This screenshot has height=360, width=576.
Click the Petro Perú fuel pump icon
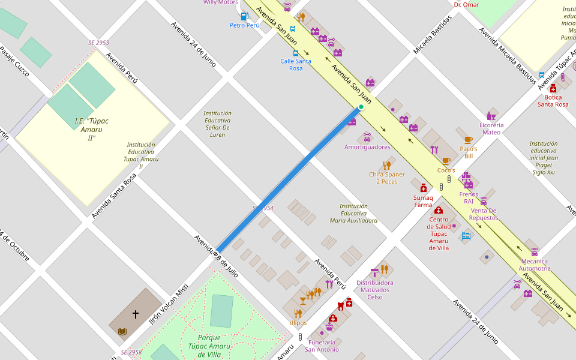[x=244, y=17]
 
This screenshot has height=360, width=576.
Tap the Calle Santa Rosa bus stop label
[x=296, y=65]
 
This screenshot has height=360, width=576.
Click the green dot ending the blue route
[x=361, y=107]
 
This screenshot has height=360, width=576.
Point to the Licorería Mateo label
[x=491, y=128]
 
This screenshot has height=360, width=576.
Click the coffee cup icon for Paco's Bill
[x=468, y=140]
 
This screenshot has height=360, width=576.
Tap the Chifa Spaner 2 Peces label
[x=386, y=178]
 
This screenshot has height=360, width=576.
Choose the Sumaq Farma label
[x=423, y=201]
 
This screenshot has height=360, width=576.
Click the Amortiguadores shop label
[x=367, y=147]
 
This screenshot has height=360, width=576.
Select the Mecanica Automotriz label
[x=534, y=265]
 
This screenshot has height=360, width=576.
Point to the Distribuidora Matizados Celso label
[x=375, y=290]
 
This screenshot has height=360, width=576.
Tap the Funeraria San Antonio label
[x=322, y=346]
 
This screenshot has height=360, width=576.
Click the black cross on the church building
[x=136, y=314]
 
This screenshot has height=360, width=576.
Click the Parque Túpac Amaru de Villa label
[x=209, y=346]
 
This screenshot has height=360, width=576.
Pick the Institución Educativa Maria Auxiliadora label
[x=353, y=213]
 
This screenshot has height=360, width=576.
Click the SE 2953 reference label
[x=98, y=43]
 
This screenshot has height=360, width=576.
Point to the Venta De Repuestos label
[x=484, y=214]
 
